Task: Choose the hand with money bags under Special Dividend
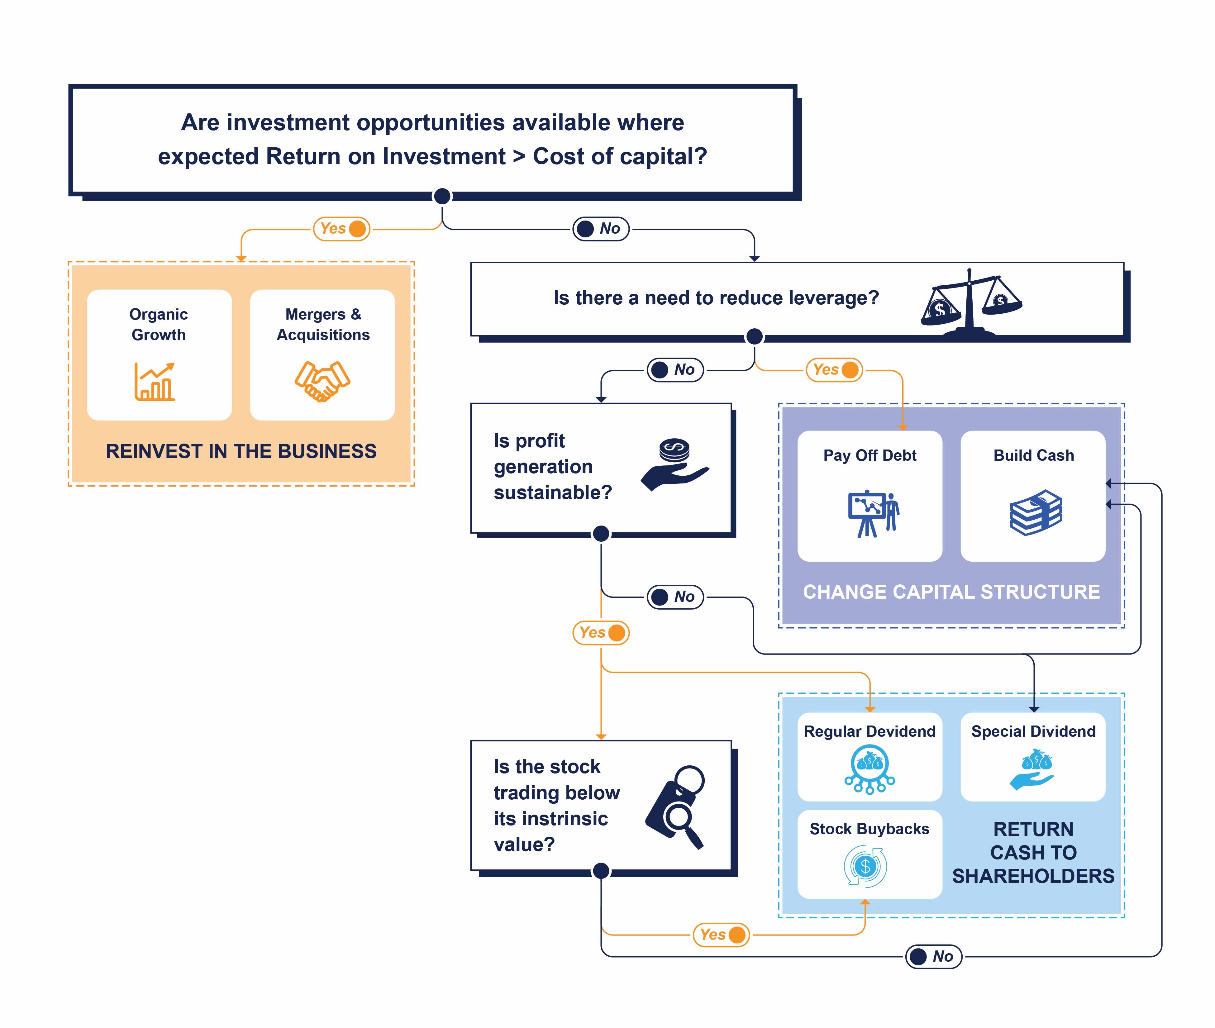click(x=1033, y=769)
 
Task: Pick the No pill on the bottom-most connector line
click(x=934, y=956)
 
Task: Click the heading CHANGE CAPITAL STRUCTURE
click(x=951, y=592)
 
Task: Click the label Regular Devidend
click(x=870, y=731)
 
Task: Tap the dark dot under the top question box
click(x=442, y=196)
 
